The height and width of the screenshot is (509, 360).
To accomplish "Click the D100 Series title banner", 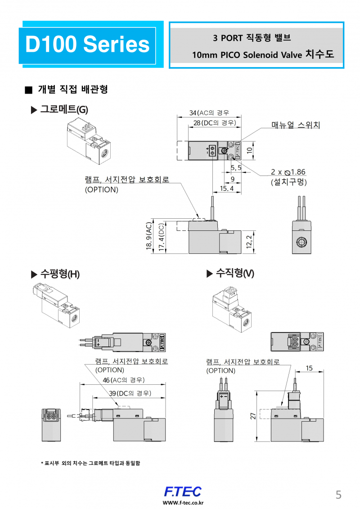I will [x=87, y=45].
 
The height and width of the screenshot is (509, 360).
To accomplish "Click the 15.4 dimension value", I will [x=226, y=189].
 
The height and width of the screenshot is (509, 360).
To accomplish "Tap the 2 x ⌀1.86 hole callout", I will [x=288, y=172].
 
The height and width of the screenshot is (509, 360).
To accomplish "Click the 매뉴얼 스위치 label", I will [x=296, y=125].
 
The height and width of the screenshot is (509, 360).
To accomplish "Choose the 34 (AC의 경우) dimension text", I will [x=209, y=113].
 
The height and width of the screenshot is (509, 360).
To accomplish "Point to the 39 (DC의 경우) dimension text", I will [x=130, y=393].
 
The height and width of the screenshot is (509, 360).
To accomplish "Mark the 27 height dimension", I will [x=253, y=417].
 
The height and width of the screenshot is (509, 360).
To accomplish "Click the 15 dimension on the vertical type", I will [x=309, y=368].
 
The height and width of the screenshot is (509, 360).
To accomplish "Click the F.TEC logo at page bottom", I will [x=183, y=491].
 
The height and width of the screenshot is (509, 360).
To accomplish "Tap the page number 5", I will [x=338, y=495].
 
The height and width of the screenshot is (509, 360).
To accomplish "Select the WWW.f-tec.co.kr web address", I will [x=183, y=503].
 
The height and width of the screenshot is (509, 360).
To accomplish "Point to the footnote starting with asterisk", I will [x=90, y=463].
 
